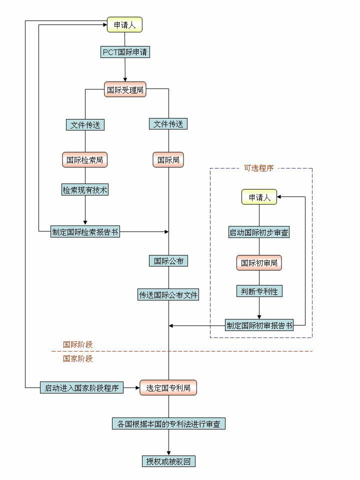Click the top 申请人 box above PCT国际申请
[124, 24]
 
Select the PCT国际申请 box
[125, 52]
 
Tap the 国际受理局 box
[125, 89]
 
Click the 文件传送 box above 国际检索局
[85, 124]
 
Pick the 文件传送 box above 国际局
[168, 123]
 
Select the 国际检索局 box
[85, 160]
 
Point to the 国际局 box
[168, 160]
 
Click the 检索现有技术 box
[85, 190]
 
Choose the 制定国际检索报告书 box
[85, 231]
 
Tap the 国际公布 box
[168, 260]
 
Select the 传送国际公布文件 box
[168, 294]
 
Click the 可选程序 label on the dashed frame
[258, 168]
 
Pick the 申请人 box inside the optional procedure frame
[259, 197]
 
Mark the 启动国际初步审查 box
[259, 232]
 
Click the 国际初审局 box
[259, 263]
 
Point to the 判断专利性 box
[259, 291]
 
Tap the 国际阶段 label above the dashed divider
[77, 344]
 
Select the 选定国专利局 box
[168, 387]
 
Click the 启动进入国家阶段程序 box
[81, 387]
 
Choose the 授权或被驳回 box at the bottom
[168, 461]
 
